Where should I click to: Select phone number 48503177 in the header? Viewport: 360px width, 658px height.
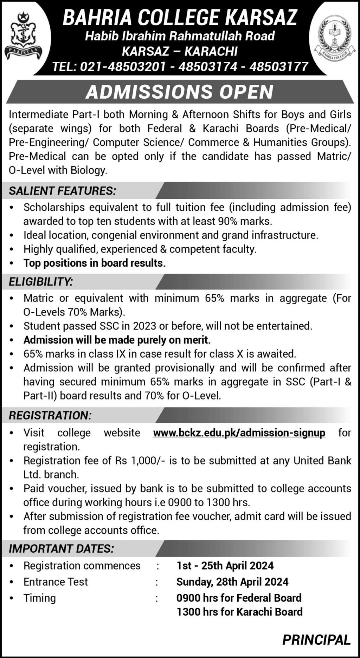point(278,66)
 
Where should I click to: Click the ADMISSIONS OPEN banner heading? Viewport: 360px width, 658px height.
point(180,92)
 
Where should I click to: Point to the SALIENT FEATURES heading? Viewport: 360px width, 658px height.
point(62,191)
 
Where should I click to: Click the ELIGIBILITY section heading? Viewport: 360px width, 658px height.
point(41,281)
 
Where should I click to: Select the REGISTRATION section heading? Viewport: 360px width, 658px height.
point(50,415)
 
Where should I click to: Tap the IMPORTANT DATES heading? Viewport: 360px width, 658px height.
point(62,548)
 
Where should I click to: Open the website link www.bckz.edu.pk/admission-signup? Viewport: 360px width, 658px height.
point(239,432)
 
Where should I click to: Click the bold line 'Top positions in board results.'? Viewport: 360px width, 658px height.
point(95,263)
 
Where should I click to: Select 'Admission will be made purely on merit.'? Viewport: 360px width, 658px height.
point(117,340)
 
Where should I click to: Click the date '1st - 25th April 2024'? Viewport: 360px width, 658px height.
point(225,566)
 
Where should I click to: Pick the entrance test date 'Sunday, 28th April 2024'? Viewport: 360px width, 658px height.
point(232,582)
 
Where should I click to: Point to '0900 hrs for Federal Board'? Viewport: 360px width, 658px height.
point(239,598)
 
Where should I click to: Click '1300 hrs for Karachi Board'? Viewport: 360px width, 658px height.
point(239,612)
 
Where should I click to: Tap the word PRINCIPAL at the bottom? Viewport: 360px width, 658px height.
point(316,640)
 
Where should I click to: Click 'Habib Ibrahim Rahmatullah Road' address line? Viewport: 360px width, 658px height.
point(180,36)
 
